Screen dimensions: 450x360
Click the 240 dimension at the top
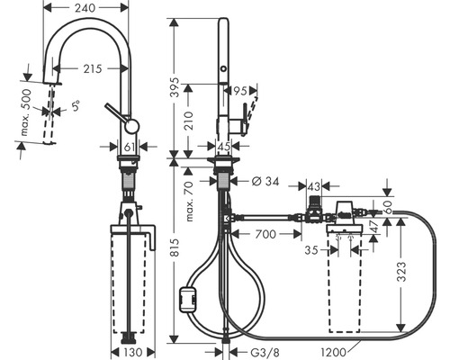[85, 8]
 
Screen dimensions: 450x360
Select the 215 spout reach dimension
[93, 69]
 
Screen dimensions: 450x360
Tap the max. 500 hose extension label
[26, 112]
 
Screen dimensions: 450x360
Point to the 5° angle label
[76, 105]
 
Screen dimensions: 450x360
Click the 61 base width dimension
[129, 147]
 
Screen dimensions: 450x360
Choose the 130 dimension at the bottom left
[132, 352]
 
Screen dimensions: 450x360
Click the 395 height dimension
[175, 87]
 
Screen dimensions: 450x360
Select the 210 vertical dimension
[188, 121]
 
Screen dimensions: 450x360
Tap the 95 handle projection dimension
[240, 91]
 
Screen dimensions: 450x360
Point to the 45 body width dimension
[224, 147]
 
